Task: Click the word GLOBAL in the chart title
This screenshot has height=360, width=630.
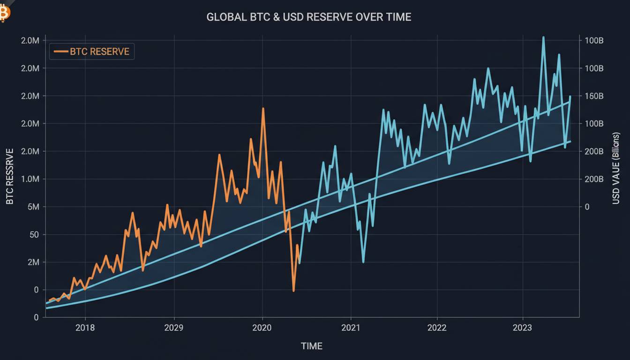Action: [227, 17]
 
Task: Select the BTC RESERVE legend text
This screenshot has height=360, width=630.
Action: [99, 52]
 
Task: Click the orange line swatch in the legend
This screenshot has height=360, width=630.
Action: [61, 52]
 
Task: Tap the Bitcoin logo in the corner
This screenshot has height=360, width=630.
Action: [4, 14]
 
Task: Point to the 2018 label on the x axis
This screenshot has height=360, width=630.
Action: [85, 328]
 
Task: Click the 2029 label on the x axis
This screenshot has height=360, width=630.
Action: [174, 328]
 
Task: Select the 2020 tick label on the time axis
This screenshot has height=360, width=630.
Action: [262, 328]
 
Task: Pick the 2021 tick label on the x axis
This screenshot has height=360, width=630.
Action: [351, 328]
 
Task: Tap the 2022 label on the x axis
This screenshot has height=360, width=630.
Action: [437, 328]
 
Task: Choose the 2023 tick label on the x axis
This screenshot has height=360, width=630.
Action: [522, 328]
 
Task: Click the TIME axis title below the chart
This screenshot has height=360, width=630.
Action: [312, 346]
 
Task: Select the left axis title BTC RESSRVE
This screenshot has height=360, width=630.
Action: [10, 176]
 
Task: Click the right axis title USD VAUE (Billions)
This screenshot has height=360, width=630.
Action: [616, 168]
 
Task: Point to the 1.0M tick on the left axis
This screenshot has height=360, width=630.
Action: [30, 179]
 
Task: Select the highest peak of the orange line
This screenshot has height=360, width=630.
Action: [263, 108]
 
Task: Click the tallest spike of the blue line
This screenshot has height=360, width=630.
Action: [543, 37]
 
